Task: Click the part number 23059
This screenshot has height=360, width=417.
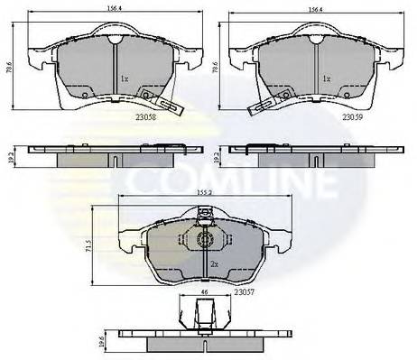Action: (x=353, y=115)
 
